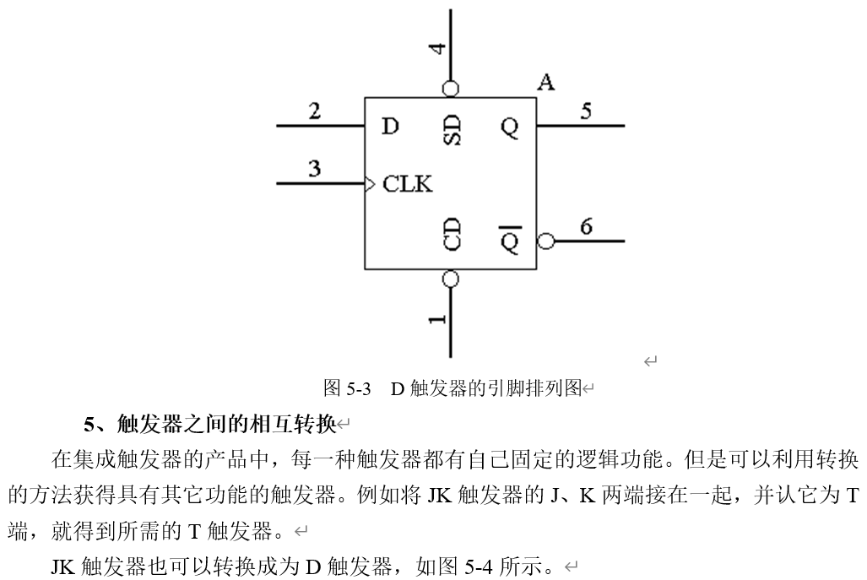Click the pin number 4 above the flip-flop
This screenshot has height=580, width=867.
437,47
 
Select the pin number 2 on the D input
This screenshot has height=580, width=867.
314,111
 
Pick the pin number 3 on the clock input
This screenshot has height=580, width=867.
314,168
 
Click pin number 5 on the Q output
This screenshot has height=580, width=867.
586,111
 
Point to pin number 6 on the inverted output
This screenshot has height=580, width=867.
586,225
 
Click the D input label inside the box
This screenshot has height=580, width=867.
389,127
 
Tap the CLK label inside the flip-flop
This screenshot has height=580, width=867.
407,183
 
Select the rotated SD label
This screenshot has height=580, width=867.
452,130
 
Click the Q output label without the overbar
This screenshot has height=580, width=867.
509,127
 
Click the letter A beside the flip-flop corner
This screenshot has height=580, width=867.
546,83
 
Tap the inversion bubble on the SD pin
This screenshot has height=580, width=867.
451,88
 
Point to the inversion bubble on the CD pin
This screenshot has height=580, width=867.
451,279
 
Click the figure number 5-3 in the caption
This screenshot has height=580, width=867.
359,389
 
